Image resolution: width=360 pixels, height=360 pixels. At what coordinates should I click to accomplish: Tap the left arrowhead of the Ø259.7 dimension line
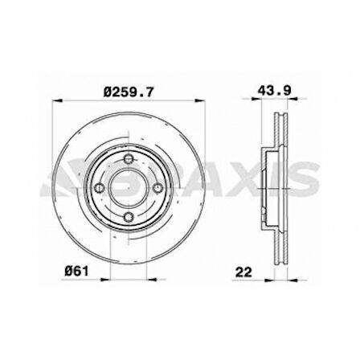pyautogui.click(x=55, y=100)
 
